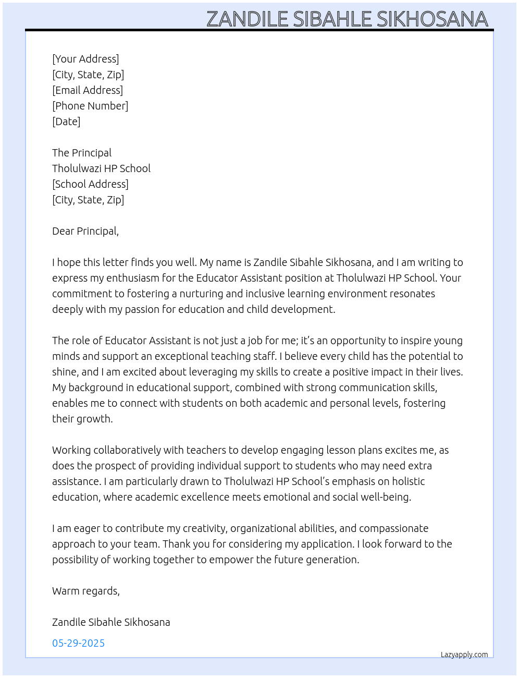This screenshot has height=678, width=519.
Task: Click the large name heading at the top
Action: pos(347,19)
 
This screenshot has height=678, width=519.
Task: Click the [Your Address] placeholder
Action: pos(85,59)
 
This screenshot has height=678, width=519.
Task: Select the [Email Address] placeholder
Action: pos(88,90)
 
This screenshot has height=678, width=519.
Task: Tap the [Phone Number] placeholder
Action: pos(90,106)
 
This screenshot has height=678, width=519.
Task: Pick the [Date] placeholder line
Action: pos(66,122)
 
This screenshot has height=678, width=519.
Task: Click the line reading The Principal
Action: pos(82,153)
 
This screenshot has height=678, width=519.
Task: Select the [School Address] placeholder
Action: pos(90,184)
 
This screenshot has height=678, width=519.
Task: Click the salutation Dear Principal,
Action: pos(85,231)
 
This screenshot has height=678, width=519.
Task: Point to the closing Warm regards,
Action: pos(86,591)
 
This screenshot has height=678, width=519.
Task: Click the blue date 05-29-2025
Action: pos(79,643)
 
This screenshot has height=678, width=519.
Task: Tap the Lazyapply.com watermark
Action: pos(464,655)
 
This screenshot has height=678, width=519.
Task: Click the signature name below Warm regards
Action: pos(111,622)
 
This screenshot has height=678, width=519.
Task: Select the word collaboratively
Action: pos(127,450)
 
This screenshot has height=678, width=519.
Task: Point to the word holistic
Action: pos(408,481)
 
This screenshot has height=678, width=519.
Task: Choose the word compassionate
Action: pos(394,528)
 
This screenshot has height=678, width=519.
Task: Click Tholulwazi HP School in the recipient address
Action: pos(101,168)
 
